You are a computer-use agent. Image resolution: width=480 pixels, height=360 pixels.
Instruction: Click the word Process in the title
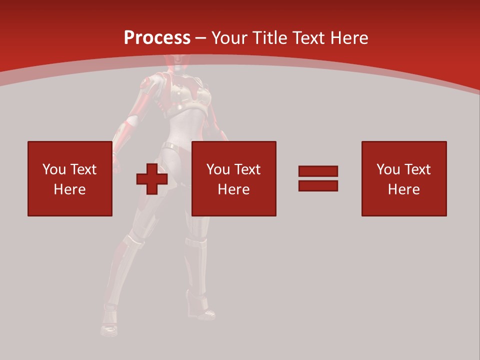pyautogui.click(x=157, y=38)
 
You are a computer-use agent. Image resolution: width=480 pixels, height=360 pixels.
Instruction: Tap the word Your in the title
pyautogui.click(x=230, y=38)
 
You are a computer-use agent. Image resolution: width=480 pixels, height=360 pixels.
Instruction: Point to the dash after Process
pyautogui.click(x=200, y=38)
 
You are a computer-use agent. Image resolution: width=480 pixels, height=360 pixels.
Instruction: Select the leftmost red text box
pyautogui.click(x=69, y=178)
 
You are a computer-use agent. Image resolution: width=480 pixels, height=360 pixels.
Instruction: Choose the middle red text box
pyautogui.click(x=233, y=178)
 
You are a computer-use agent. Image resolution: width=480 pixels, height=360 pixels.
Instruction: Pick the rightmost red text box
pyautogui.click(x=403, y=178)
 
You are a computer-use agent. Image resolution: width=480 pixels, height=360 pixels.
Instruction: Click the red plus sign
pyautogui.click(x=152, y=179)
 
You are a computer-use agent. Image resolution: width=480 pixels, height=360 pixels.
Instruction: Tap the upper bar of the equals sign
pyautogui.click(x=318, y=171)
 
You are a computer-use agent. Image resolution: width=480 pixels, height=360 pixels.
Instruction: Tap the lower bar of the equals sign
pyautogui.click(x=318, y=185)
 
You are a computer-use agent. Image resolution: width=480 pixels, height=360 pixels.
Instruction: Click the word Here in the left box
pyautogui.click(x=69, y=189)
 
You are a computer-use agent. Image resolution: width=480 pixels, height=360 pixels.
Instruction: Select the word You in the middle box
pyautogui.click(x=218, y=169)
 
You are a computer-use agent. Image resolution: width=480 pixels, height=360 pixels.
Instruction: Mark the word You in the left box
pyautogui.click(x=54, y=169)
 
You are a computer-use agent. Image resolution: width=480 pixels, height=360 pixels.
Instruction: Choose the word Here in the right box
pyautogui.click(x=403, y=189)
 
